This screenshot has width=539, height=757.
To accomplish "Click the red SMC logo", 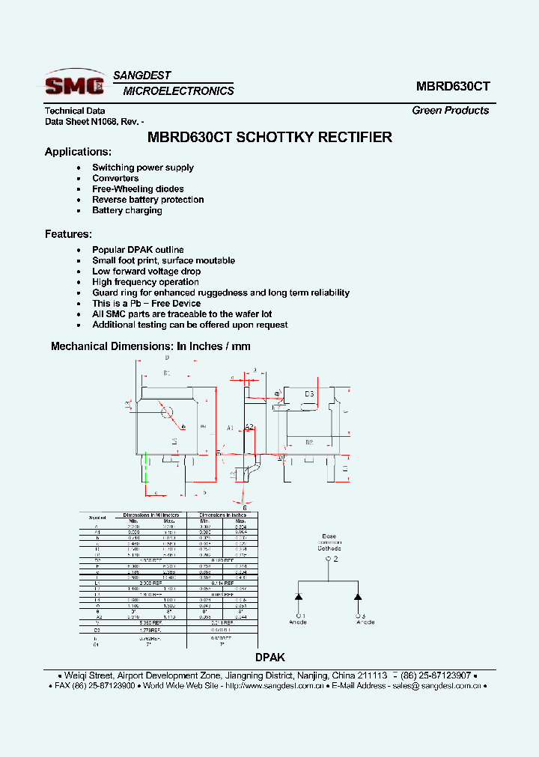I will click(74, 84).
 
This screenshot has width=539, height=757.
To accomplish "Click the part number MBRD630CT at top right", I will click(453, 86).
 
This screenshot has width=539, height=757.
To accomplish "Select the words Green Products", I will click(450, 110).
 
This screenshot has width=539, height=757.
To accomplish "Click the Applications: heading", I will click(78, 152).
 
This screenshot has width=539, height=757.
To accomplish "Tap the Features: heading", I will click(68, 234).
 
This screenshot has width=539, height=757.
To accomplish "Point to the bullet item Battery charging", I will click(127, 211).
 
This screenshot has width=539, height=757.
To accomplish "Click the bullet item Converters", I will click(115, 179).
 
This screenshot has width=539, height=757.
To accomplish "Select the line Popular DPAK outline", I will click(138, 250).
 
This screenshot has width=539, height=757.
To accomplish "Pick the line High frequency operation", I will click(145, 282).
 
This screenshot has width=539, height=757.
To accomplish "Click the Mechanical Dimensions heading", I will click(150, 346).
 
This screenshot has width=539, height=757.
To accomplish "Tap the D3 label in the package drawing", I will click(308, 393).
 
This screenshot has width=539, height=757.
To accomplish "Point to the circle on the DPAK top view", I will click(167, 411).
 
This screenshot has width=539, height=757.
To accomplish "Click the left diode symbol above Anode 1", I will click(298, 597).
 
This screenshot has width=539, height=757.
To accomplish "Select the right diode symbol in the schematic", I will click(358, 597).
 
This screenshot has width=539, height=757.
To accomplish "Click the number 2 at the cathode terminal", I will click(336, 559).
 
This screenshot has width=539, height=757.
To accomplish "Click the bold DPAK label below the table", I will click(270, 658).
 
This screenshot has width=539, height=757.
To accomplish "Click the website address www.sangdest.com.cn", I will click(275, 685).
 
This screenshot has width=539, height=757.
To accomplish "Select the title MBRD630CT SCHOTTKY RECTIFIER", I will click(269, 138).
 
